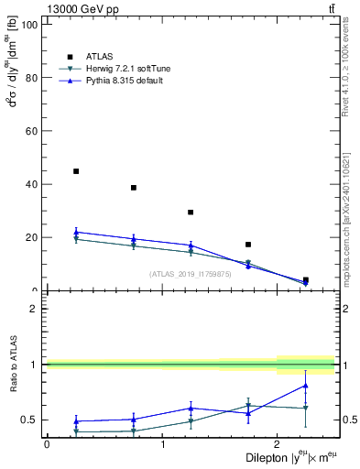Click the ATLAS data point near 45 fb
coord(76,171)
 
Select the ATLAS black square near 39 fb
coord(134,188)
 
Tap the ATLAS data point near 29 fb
coord(191,213)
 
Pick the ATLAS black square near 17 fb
coord(248,245)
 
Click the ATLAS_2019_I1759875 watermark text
coord(191,274)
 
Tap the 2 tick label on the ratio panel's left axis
coord(37,309)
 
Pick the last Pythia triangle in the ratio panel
coord(305,386)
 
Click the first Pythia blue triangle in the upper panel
coord(76,232)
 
